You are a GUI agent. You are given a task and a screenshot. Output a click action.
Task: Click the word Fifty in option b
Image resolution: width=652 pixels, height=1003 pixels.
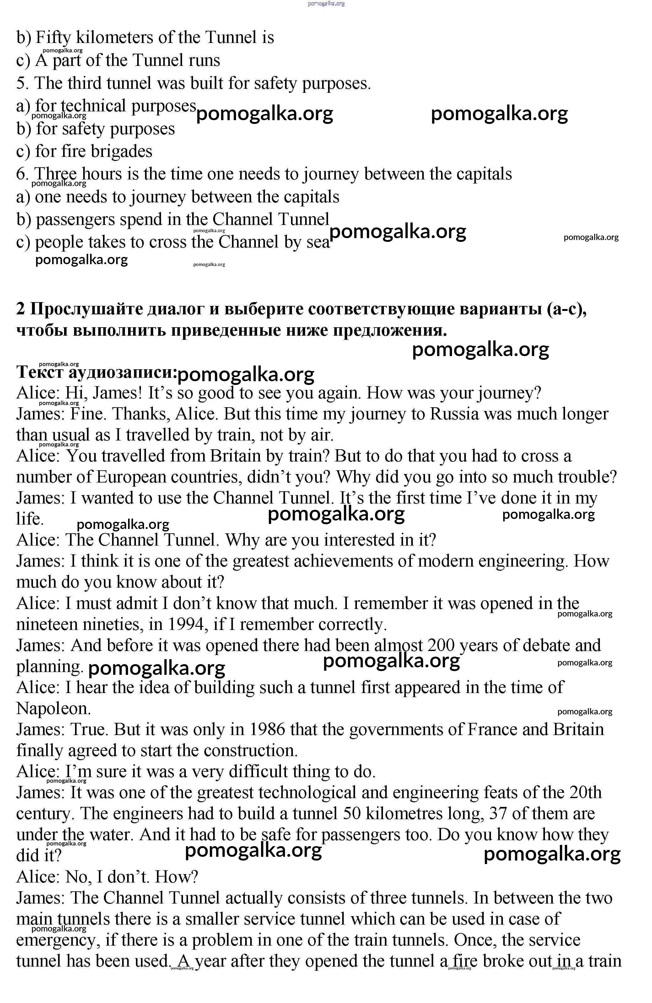(53, 38)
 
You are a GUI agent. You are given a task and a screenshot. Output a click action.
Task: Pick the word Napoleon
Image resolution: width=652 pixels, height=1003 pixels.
(53, 708)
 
